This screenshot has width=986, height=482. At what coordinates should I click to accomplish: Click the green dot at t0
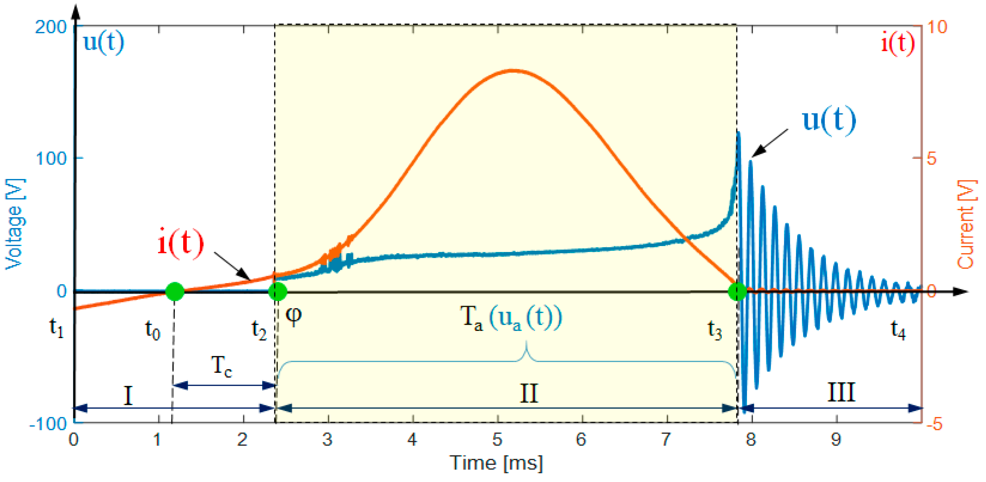175,292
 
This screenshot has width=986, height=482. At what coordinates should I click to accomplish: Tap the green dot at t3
737,292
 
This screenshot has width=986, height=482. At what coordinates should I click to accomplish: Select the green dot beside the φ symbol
278,292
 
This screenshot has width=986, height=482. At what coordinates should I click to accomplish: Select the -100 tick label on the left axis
48,424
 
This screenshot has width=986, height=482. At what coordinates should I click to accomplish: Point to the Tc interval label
221,366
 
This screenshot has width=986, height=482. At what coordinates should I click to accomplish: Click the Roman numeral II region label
529,393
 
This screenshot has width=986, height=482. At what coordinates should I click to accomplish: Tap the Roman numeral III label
841,392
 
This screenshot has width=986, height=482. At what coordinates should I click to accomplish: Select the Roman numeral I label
128,395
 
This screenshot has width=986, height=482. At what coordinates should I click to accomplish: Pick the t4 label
898,329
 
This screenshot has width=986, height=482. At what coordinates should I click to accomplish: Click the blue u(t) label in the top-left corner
103,42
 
